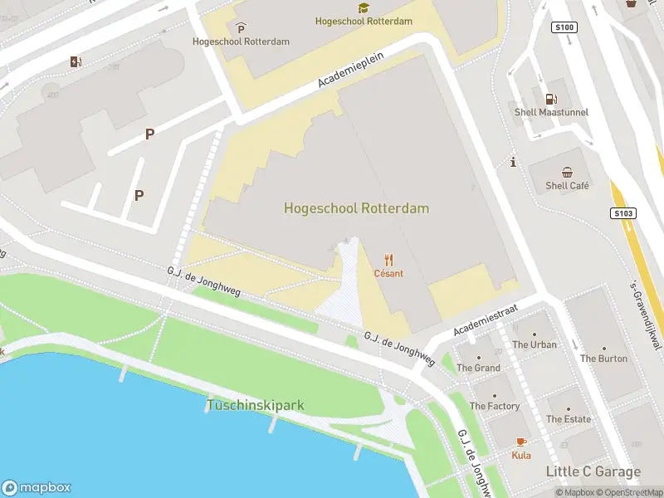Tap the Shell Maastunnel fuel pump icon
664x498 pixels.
[549, 99]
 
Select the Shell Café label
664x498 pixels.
[567, 186]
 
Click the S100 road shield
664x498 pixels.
[564, 27]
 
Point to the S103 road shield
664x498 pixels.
[624, 213]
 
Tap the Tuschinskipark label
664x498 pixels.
[255, 406]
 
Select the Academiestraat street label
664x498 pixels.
[486, 320]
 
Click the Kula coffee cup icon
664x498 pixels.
[521, 442]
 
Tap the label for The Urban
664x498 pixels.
[535, 344]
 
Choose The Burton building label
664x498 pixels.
[603, 359]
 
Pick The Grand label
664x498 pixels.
[478, 368]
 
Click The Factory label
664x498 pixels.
[495, 406]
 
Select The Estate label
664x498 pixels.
[568, 419]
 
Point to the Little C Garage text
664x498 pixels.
[593, 472]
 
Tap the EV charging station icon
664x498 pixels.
[76, 61]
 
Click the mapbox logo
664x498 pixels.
[37, 488]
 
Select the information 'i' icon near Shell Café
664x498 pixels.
[514, 163]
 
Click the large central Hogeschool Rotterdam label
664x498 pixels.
[356, 208]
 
